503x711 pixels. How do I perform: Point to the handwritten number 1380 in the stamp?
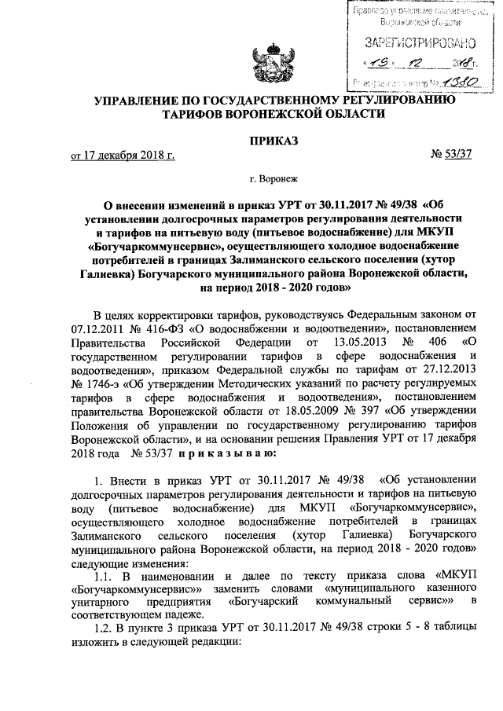[446, 81]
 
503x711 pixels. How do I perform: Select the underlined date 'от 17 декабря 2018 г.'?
[123, 156]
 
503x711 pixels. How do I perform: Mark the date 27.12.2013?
[447, 372]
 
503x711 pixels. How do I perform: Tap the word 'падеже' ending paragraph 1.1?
[183, 614]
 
